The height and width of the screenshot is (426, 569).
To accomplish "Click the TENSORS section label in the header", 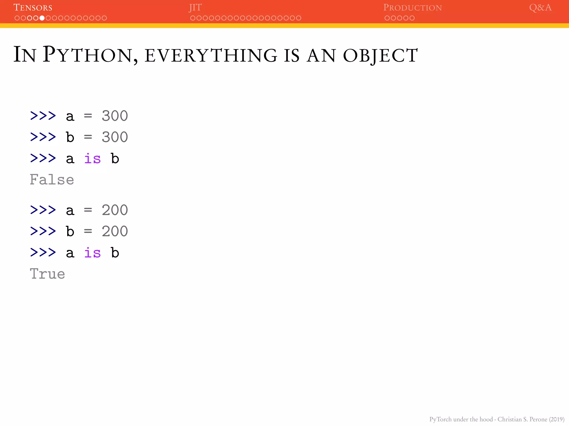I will click(x=33, y=7).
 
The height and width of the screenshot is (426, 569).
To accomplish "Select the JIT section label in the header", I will click(x=195, y=7).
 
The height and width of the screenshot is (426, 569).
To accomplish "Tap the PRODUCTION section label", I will click(x=412, y=7).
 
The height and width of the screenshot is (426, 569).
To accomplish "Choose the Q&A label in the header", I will click(x=540, y=7).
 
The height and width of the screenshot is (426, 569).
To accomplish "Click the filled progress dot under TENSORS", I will click(x=42, y=18).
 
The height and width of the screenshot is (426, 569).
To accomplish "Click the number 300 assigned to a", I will click(x=115, y=116).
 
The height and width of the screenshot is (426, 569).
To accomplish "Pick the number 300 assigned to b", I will click(x=115, y=137).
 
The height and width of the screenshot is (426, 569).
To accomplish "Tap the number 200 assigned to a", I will click(x=115, y=210).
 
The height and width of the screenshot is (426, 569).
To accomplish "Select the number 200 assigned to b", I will click(x=115, y=231).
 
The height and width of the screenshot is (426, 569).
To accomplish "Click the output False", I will click(x=52, y=180).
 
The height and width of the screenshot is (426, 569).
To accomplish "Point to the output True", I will click(x=48, y=274).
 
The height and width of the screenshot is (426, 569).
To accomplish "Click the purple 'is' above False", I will click(x=92, y=159).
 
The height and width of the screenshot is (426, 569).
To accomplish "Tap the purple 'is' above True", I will click(x=92, y=253).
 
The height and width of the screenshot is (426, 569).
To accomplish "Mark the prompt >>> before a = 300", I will click(x=43, y=116).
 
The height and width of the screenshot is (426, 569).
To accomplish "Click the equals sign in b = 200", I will click(x=88, y=231).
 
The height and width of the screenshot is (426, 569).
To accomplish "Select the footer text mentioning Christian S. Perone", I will click(x=497, y=419).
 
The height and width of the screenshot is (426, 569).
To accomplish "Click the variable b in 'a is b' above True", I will click(x=115, y=253).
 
